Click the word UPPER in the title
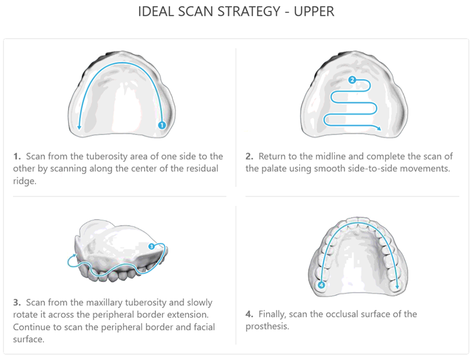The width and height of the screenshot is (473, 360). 314,11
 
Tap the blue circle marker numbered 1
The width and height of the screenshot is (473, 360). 162,125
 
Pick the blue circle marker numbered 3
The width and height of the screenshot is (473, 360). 151,246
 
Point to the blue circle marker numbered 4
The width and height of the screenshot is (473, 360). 321,284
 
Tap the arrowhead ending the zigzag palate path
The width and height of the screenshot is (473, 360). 379,129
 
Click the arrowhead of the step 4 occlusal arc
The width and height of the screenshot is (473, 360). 397,286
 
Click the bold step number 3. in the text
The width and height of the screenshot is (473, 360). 17,302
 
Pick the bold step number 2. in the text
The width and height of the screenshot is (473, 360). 249,157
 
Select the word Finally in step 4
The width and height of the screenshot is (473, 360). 272,314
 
